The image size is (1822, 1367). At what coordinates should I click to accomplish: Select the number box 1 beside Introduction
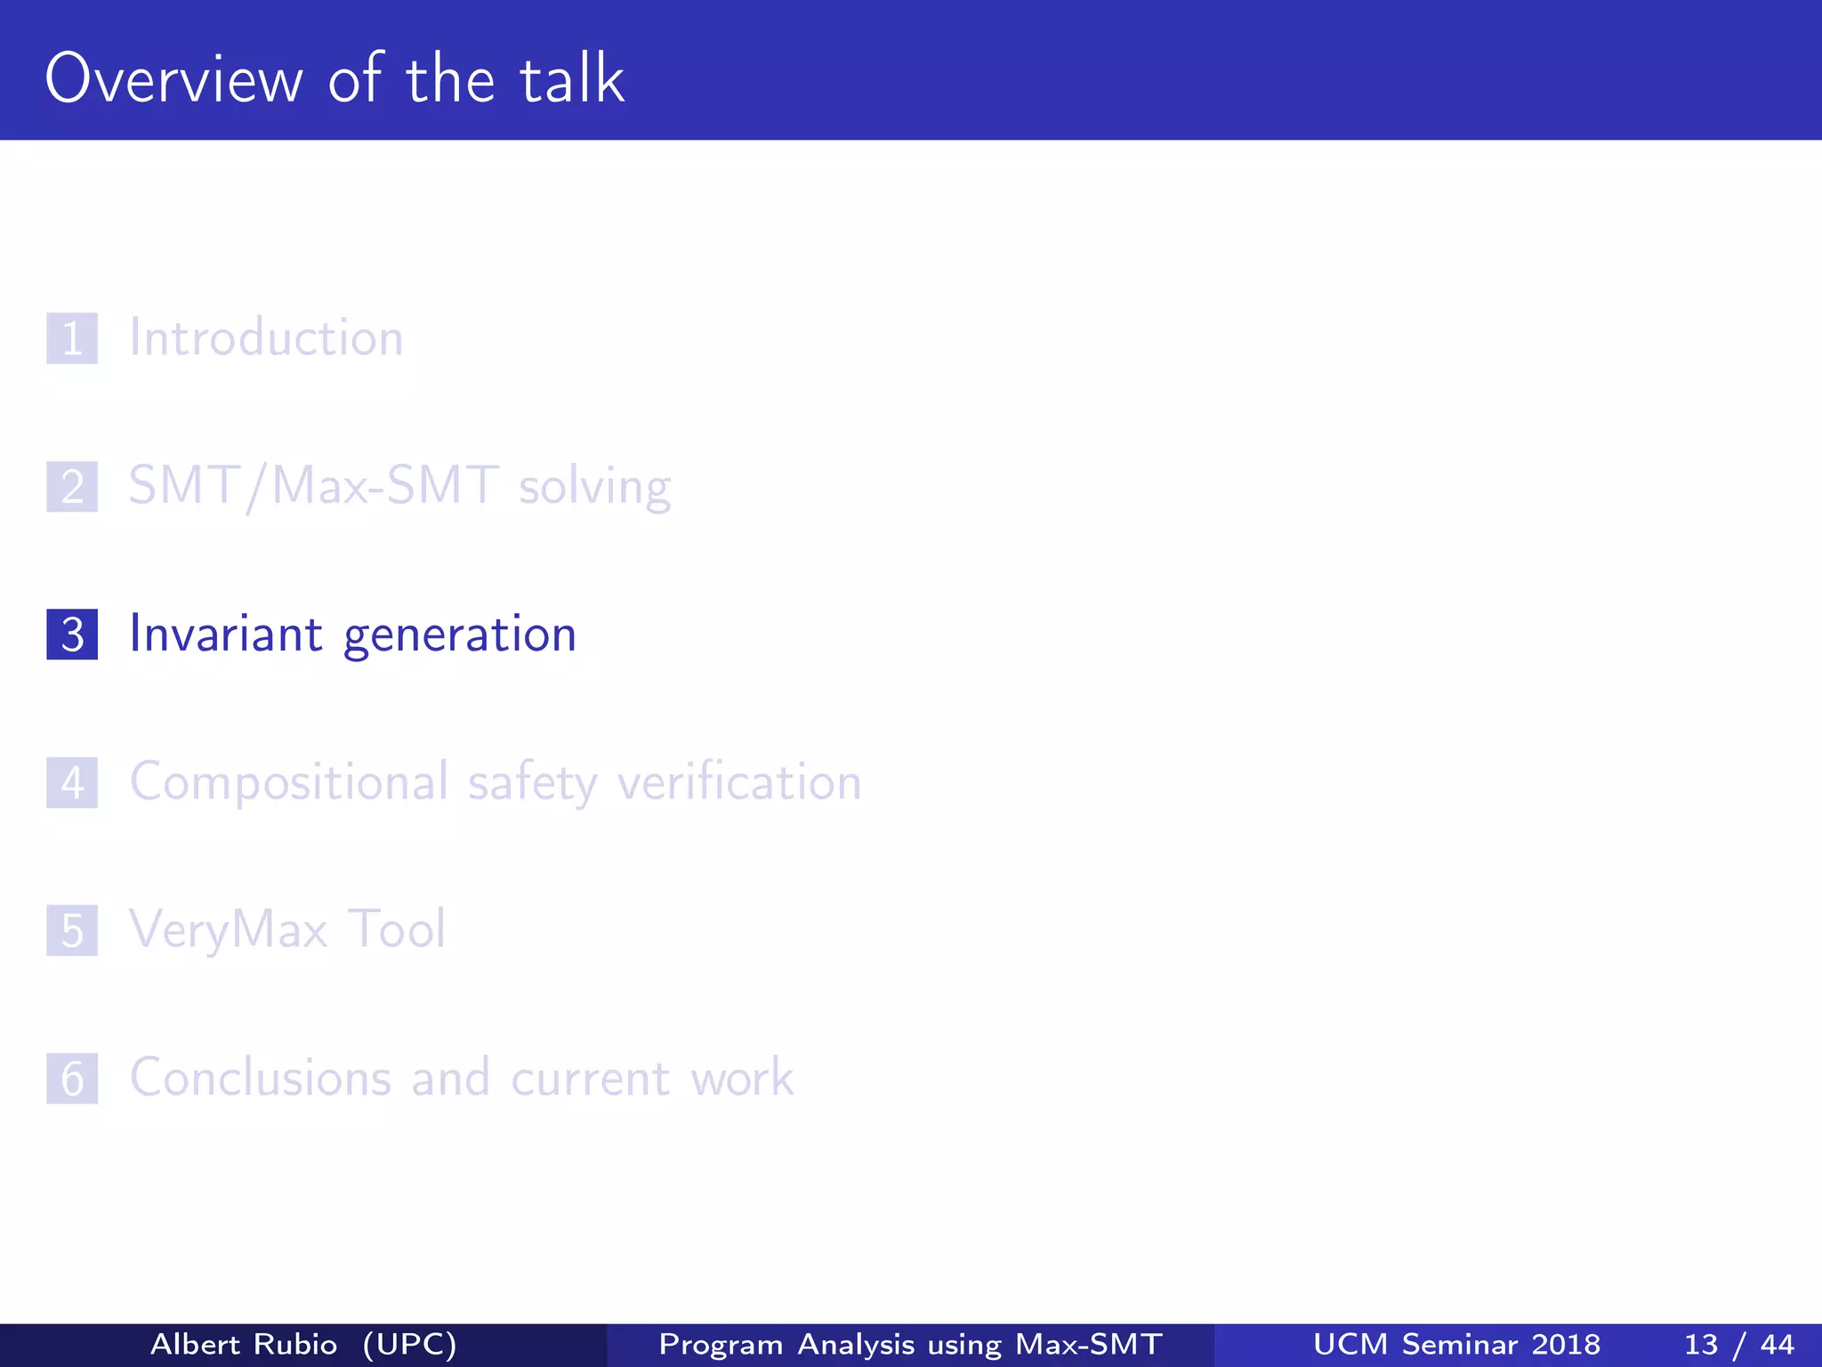(x=72, y=338)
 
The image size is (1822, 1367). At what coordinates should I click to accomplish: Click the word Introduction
(x=266, y=338)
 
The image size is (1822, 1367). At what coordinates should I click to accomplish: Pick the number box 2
(x=72, y=487)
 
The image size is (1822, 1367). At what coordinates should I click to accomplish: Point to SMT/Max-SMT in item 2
(x=313, y=486)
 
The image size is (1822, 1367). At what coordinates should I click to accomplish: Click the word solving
(x=594, y=488)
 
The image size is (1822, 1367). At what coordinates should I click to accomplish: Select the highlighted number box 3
(x=72, y=635)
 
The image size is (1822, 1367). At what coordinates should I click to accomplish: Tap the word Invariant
(x=226, y=634)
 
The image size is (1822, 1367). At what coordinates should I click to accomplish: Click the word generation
(x=460, y=635)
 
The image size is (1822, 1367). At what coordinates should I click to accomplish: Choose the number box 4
(x=72, y=783)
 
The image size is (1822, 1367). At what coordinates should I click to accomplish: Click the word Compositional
(x=289, y=783)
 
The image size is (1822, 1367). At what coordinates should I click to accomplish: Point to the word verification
(x=739, y=783)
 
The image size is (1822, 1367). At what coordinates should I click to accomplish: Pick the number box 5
(x=72, y=931)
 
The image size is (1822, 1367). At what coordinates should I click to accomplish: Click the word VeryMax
(x=229, y=931)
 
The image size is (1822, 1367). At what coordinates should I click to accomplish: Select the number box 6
(x=72, y=1079)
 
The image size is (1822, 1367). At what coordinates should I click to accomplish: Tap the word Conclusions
(x=261, y=1078)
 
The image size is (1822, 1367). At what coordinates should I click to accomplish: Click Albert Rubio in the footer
(x=244, y=1344)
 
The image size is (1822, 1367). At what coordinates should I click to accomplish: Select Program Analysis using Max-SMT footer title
(x=910, y=1344)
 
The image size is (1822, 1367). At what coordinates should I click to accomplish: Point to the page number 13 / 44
(x=1738, y=1344)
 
